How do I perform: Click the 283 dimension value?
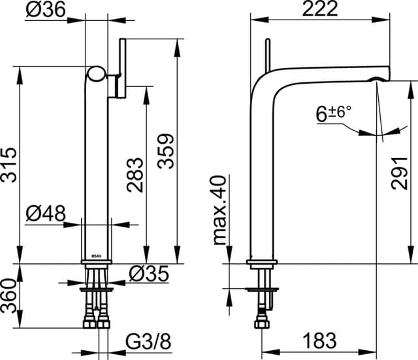tap(135, 174)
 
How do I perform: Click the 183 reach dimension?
tap(319, 340)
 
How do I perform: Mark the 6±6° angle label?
tap(334, 114)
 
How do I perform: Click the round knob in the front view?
tap(97, 74)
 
